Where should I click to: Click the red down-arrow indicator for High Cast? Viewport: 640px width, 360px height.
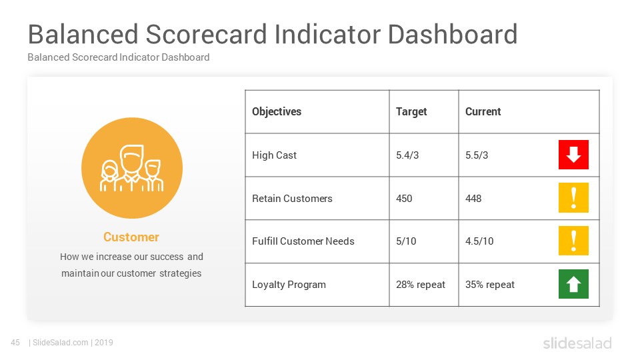[573, 155]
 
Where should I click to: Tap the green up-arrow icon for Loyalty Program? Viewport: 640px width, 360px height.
[573, 284]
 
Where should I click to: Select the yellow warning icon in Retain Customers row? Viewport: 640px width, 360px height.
[573, 198]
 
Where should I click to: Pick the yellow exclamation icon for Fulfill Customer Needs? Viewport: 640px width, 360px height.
[573, 241]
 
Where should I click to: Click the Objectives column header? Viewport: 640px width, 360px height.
[277, 111]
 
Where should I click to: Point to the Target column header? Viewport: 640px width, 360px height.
[411, 111]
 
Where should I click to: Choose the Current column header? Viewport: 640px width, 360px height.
[483, 111]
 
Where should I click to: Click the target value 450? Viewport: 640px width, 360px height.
[404, 199]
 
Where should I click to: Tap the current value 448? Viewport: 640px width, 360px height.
[473, 199]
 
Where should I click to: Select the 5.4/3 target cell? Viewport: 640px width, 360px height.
[407, 155]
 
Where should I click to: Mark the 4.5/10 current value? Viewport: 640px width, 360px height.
[479, 241]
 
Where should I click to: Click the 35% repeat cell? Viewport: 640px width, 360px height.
[490, 285]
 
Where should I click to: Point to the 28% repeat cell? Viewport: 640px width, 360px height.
[421, 285]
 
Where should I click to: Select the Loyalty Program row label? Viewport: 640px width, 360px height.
[289, 285]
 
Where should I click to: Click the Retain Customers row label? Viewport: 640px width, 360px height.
[292, 199]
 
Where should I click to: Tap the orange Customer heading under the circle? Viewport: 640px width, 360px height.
[131, 237]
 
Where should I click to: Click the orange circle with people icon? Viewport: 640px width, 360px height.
[132, 168]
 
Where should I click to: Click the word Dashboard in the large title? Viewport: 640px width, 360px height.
[453, 34]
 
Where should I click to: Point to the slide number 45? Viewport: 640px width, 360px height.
[15, 343]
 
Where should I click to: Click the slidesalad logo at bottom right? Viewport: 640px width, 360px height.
[577, 343]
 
